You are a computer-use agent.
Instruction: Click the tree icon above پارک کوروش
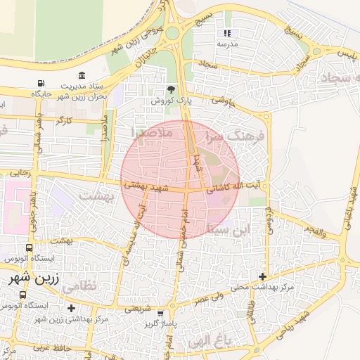[170, 89]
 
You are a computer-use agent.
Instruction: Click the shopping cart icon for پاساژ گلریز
[161, 314]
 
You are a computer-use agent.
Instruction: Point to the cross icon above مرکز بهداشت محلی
[263, 276]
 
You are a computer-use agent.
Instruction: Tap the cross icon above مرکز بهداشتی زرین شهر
[71, 308]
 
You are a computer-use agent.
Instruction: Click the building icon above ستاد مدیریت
[82, 75]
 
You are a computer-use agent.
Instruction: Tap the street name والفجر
[314, 230]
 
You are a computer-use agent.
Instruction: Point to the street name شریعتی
[139, 308]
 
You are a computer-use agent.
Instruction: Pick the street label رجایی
[18, 172]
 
